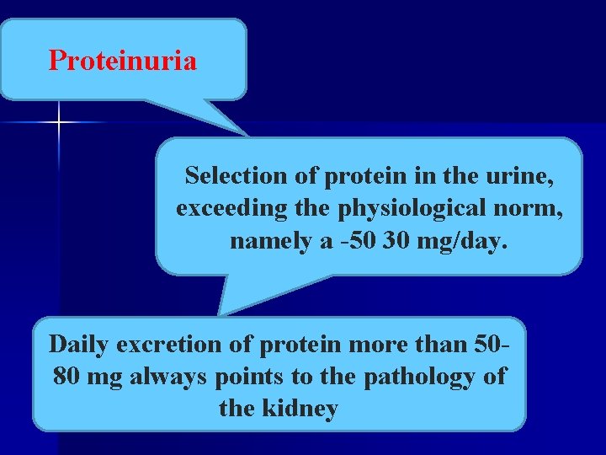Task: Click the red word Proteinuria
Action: pyautogui.click(x=123, y=61)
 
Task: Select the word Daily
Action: pyautogui.click(x=79, y=345)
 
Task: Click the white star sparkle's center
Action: pyautogui.click(x=60, y=123)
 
